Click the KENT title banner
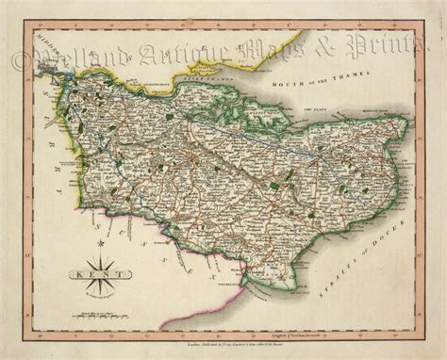click(x=86, y=276)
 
